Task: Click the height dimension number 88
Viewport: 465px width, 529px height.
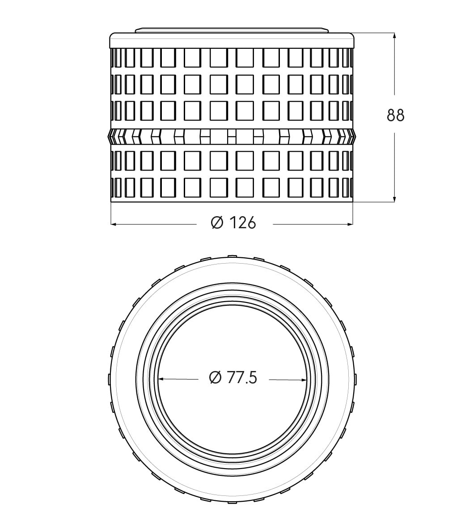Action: coord(395,115)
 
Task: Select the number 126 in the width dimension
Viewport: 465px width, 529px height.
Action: coord(243,223)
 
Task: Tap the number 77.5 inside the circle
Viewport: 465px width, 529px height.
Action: coord(241,378)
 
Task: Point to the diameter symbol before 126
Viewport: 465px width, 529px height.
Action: coord(217,223)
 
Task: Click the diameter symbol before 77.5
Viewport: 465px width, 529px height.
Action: coord(216,378)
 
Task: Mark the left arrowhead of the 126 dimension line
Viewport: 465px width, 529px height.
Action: coord(114,224)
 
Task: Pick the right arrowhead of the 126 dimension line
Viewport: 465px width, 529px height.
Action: coord(350,224)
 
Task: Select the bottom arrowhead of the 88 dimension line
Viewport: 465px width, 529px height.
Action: coord(394,200)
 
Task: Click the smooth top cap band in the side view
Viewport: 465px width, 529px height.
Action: coord(232,40)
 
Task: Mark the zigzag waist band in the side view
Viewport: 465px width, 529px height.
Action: coord(232,137)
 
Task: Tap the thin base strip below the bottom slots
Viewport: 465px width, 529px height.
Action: coord(232,200)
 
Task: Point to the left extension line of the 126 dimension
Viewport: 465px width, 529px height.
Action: coord(111,213)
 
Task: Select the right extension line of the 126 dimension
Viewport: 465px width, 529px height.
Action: coord(353,213)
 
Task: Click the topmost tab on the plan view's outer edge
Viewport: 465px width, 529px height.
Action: coord(232,256)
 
